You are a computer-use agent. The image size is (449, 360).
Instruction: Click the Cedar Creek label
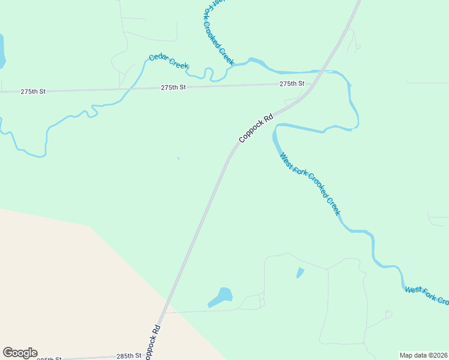tap(169, 61)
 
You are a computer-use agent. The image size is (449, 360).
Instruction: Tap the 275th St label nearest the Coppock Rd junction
tap(292, 84)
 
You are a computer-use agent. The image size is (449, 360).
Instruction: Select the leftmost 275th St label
tap(33, 92)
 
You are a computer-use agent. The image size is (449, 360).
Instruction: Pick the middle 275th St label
tap(173, 88)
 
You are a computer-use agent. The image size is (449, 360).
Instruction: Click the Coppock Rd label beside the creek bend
tap(256, 128)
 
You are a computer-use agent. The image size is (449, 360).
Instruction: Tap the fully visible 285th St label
tap(128, 356)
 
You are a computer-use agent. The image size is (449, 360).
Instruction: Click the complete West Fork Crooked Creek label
tap(310, 184)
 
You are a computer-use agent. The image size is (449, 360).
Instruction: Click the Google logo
tap(20, 353)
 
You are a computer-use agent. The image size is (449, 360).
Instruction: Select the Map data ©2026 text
tap(423, 355)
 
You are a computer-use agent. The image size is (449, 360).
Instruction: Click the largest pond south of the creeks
tap(221, 296)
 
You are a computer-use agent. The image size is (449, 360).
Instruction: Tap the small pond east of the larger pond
tap(300, 273)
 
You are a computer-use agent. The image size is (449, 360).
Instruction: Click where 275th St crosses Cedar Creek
tap(128, 89)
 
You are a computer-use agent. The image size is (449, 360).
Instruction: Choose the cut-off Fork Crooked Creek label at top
tap(215, 30)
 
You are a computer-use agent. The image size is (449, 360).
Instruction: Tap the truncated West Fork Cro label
tap(427, 296)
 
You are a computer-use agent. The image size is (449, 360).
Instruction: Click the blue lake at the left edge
tap(2, 51)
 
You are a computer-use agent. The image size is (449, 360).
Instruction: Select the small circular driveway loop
tap(388, 314)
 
